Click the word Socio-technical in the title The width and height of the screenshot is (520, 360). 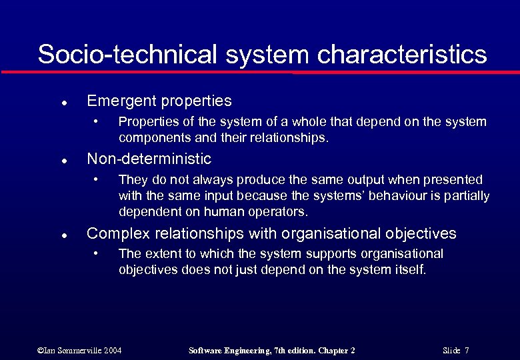pos(127,54)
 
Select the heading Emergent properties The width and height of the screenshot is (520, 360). pos(159,101)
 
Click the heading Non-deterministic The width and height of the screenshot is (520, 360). pos(149,159)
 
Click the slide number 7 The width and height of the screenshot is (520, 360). pos(467,351)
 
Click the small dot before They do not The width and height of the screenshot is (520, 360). pos(97,179)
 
